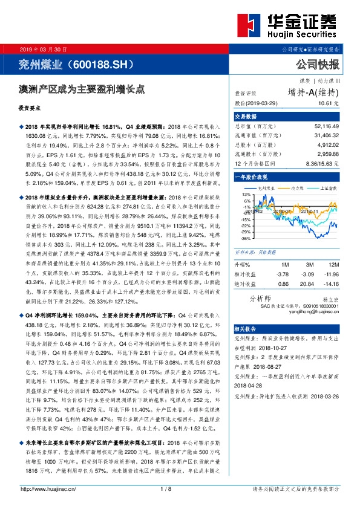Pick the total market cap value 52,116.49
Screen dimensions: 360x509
coord(326,126)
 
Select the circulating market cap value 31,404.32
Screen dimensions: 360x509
coord(326,137)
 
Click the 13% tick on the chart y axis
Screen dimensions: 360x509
coord(247,195)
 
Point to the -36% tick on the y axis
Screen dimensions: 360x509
coord(246,238)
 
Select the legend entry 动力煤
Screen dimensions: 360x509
coord(298,188)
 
